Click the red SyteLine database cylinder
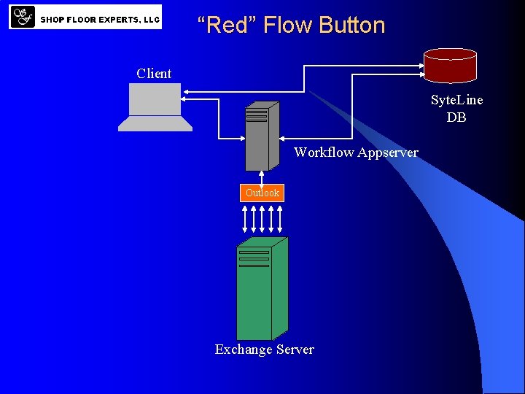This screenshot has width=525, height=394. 450,65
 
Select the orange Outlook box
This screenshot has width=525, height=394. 262,193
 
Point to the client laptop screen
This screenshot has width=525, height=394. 155,99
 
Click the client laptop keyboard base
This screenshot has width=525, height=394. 155,124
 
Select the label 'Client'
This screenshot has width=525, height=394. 154,74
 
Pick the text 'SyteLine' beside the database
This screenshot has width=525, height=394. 456,100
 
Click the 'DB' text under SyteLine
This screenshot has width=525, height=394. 456,117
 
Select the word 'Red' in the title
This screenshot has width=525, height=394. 227,25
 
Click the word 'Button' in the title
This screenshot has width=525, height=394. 352,25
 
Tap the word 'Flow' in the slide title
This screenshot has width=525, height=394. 287,25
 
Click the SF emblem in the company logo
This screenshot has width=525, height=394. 23,16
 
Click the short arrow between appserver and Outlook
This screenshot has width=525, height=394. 261,177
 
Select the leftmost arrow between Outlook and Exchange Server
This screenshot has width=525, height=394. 244,218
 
